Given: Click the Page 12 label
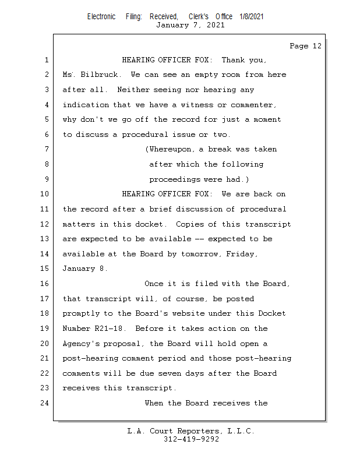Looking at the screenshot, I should [x=305, y=46].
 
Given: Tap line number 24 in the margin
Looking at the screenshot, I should [x=45, y=403].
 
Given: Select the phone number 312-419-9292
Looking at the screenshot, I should [x=192, y=439].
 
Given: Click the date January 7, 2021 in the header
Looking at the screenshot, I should [x=191, y=25].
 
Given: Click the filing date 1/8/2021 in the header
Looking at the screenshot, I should [x=252, y=17].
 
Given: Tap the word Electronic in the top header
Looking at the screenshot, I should [x=101, y=17].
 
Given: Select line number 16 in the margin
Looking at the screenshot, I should [x=45, y=284].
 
